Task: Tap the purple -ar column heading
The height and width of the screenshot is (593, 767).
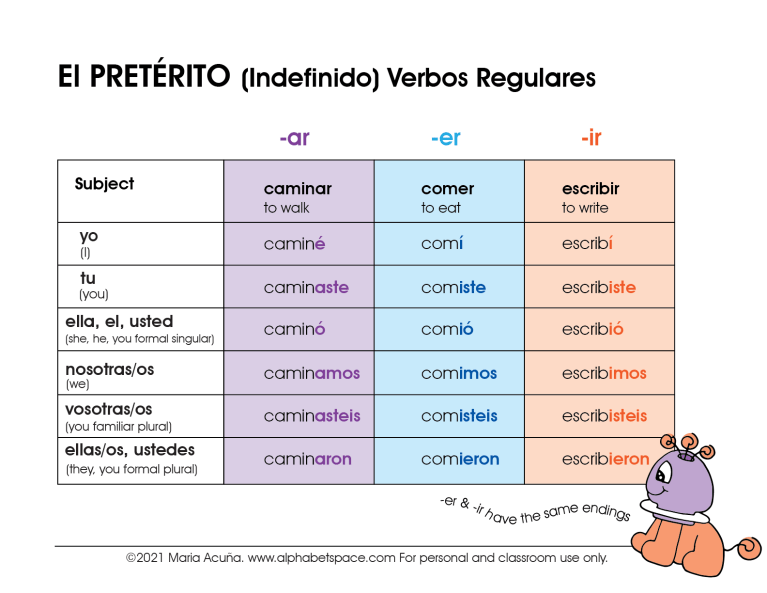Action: (294, 138)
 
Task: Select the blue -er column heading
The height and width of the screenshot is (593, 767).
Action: (446, 138)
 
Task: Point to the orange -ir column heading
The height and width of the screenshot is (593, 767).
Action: (591, 138)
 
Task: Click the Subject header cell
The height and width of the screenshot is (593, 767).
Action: (104, 184)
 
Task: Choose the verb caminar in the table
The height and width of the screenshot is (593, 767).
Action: (298, 189)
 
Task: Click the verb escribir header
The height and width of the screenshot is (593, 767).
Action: (590, 189)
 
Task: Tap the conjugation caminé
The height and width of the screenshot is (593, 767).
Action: (295, 244)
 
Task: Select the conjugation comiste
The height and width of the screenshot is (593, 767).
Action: (453, 287)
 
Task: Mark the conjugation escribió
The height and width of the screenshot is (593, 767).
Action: (592, 329)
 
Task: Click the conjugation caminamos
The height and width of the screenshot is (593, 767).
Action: (311, 373)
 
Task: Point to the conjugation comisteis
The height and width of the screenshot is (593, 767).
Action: (459, 416)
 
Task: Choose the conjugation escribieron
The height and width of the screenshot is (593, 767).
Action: (605, 459)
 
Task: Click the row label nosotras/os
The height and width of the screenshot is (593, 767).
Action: (109, 369)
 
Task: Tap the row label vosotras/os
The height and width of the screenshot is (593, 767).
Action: (108, 409)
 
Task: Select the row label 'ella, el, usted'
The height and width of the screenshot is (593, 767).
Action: (119, 322)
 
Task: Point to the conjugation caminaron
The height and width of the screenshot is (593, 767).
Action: (308, 459)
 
